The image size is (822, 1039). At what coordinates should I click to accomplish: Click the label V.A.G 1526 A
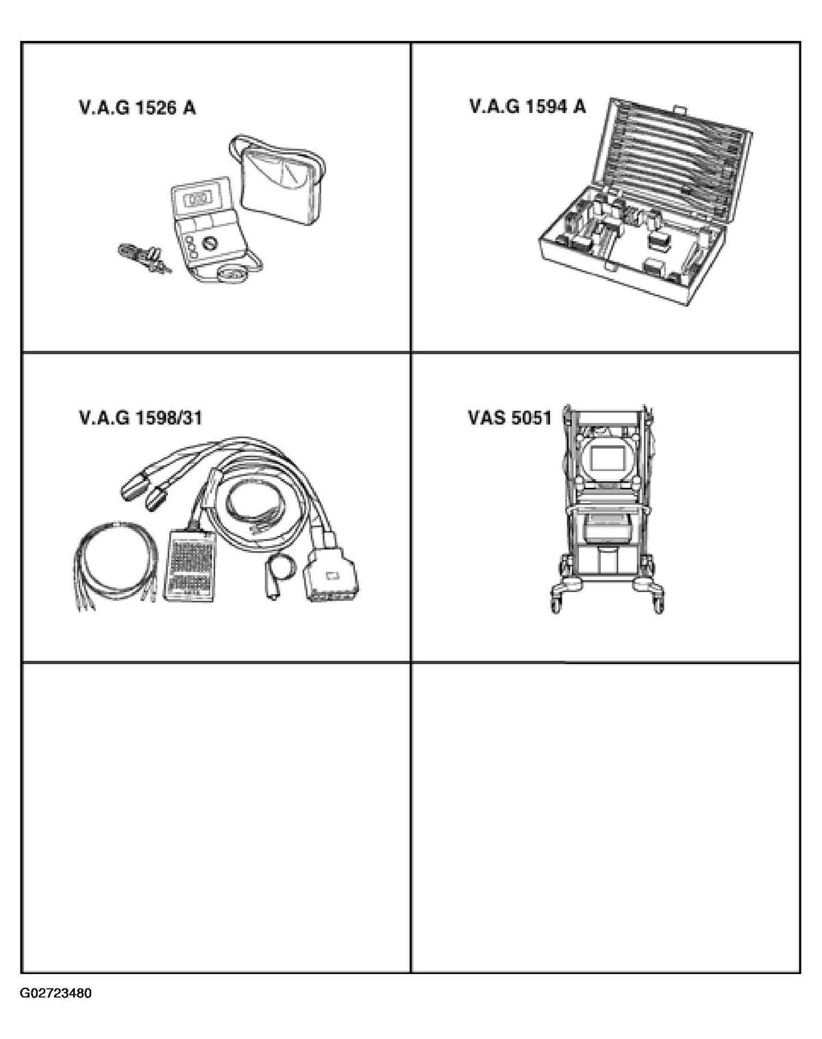137,108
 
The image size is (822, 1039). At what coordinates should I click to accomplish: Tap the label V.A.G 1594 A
527,106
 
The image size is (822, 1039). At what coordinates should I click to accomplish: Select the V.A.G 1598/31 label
140,417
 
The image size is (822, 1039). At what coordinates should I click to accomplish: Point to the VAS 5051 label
510,417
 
